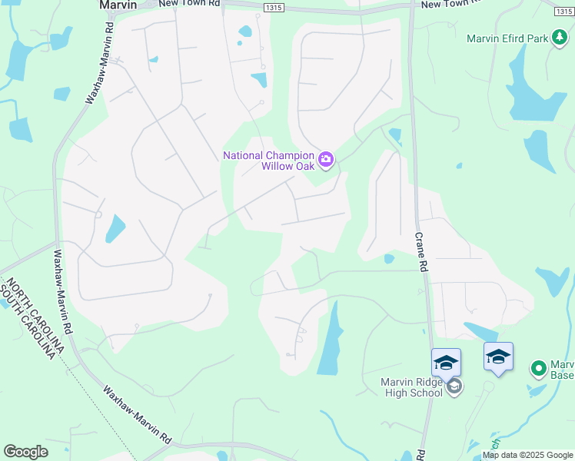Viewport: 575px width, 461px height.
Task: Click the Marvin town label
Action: click(x=118, y=5)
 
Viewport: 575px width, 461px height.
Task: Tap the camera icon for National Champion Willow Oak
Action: click(x=327, y=160)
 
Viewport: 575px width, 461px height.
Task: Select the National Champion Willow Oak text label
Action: click(x=270, y=160)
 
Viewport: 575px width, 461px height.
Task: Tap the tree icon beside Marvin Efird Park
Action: click(x=560, y=37)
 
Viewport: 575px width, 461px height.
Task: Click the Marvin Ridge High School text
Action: click(x=413, y=387)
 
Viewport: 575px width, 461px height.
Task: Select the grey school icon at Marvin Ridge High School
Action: click(x=454, y=386)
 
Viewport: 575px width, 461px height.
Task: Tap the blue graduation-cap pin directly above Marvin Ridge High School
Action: click(x=446, y=362)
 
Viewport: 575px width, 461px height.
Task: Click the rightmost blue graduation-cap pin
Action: click(x=498, y=357)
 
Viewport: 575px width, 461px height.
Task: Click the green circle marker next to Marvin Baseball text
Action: click(x=539, y=370)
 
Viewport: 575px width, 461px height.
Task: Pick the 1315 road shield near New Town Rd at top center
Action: click(x=272, y=7)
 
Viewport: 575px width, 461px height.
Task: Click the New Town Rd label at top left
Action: click(x=189, y=4)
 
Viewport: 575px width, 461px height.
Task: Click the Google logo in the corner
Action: click(x=25, y=451)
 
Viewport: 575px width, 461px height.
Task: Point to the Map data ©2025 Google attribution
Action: click(x=527, y=455)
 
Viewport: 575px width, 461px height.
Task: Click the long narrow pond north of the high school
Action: click(x=330, y=338)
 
